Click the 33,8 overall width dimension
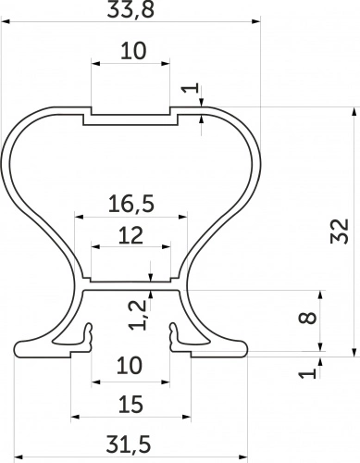(130, 9)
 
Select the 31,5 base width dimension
(129, 444)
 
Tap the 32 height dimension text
(340, 231)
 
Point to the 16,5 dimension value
(131, 204)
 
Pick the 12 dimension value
(130, 235)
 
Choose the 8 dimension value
(307, 318)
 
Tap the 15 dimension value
(130, 405)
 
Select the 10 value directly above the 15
(130, 366)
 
